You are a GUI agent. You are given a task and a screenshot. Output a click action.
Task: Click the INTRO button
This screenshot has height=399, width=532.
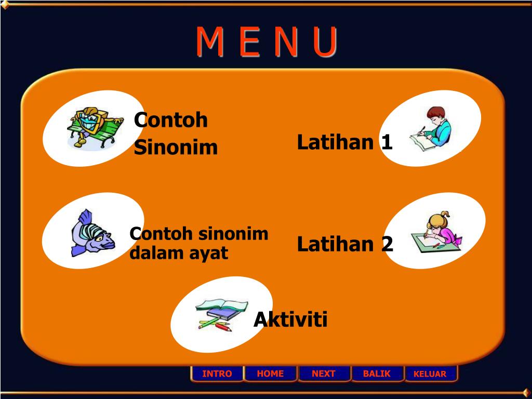coord(217,374)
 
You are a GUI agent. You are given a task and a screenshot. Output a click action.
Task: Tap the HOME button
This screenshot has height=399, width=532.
coord(270,374)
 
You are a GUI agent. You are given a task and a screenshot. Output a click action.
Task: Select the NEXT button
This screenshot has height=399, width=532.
coord(324,374)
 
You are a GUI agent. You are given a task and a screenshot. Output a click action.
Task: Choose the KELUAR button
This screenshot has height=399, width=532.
coord(430,374)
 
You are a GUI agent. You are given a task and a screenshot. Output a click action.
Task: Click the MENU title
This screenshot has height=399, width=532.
coord(267,42)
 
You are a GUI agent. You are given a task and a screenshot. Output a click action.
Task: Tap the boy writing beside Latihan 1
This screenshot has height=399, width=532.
coord(431,129)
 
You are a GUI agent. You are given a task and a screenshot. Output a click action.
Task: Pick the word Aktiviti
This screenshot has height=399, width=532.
coord(290,320)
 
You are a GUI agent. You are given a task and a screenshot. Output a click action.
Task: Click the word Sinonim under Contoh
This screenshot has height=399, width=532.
coord(176,148)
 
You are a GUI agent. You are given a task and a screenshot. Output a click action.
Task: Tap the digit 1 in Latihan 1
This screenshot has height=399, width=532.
coord(387,142)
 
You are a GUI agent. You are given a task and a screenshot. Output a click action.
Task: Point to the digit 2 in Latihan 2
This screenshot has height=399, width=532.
coord(387,244)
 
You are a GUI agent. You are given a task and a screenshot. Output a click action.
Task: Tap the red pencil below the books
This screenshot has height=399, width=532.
coord(223,327)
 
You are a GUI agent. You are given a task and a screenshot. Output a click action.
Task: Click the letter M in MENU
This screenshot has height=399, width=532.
coord(210,42)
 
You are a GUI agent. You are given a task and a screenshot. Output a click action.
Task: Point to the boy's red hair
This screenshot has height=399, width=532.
coord(436,112)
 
